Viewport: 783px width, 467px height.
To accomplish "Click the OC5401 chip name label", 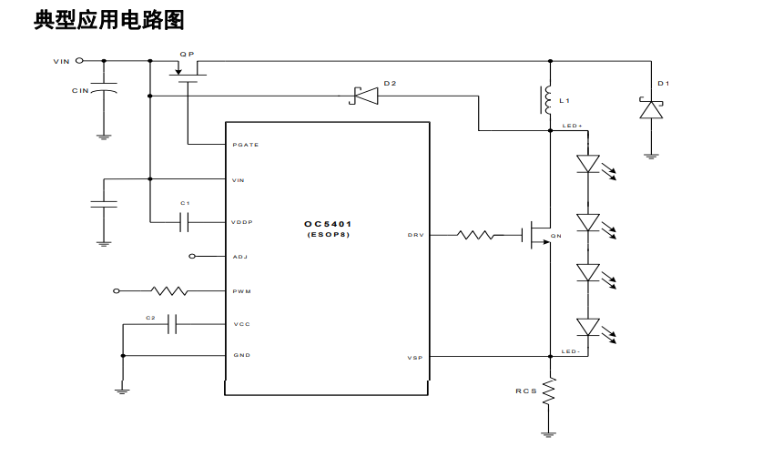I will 328,223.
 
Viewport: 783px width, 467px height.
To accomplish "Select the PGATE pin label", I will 245,145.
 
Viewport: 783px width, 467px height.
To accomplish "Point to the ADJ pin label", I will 239,257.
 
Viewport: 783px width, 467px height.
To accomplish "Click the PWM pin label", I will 241,291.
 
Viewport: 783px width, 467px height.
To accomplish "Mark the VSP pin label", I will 414,358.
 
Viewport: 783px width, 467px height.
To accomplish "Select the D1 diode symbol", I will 650,109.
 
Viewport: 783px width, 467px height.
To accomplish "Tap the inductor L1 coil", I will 548,99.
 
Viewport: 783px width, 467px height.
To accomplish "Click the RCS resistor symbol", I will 549,391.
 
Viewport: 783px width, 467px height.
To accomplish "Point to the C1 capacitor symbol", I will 186,221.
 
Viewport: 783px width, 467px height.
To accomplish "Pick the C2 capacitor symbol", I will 171,324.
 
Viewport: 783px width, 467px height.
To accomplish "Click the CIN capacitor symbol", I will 104,92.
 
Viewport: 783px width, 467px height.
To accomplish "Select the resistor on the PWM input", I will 170,291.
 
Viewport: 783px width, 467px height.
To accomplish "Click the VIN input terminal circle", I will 79,61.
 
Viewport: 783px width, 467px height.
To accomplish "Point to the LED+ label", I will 572,126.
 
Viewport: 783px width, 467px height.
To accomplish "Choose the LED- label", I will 571,351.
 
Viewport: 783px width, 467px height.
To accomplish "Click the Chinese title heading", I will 109,19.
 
